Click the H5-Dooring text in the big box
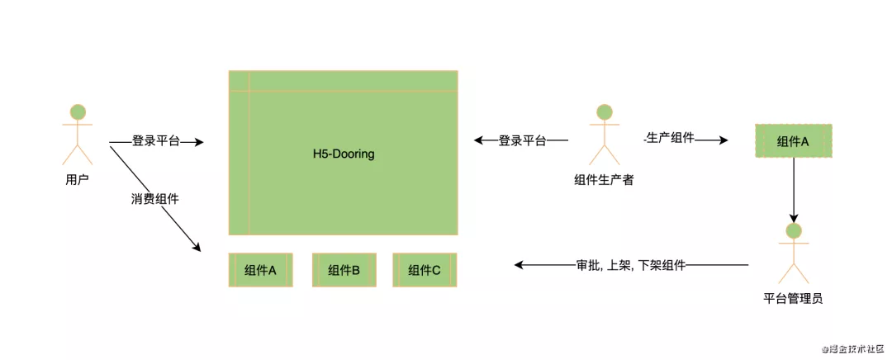coord(343,154)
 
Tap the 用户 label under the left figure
coord(77,178)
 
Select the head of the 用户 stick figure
coord(78,112)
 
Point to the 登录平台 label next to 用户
coord(155,141)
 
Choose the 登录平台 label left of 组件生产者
coord(522,141)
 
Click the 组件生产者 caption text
coord(604,179)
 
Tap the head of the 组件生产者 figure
coord(604,111)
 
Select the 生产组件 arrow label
coord(669,140)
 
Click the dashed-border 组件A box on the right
coord(793,141)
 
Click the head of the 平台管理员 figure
coord(794,230)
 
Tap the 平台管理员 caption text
coord(793,298)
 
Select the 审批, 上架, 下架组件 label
coord(631,265)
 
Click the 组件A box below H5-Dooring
coord(260,270)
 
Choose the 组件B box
coord(343,270)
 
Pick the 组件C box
coord(424,270)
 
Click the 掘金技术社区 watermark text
coord(852,348)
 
